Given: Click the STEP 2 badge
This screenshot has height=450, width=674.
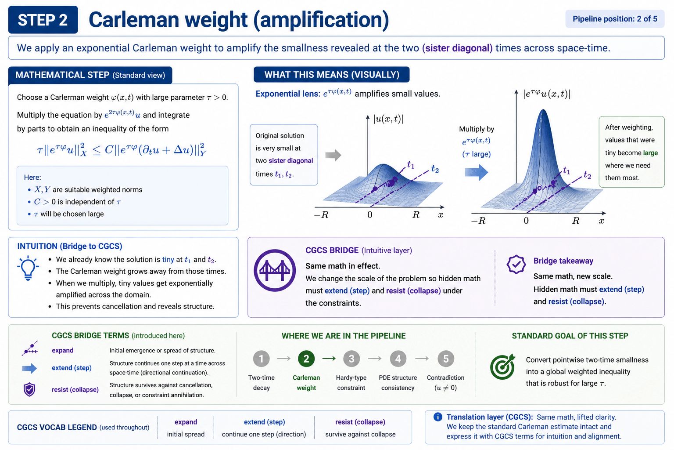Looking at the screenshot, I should coord(43,20).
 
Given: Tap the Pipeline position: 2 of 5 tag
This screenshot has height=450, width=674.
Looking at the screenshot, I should coord(615,19).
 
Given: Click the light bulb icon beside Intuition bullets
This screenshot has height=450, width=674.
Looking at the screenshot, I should coord(28,268).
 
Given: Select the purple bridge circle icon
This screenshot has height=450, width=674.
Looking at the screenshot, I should coord(275,270).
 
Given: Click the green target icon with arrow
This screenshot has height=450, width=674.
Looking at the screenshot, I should coord(502,367).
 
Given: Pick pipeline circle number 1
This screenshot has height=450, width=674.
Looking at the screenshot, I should coord(261,359).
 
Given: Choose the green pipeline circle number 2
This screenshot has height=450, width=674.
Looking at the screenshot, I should coord(306,359).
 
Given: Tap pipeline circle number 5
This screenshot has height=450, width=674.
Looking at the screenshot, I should coord(445,359).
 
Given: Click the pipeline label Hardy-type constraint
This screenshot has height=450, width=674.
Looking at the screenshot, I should coord(351,382).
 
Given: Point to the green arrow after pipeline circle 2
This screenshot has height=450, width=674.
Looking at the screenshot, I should coord(329,359).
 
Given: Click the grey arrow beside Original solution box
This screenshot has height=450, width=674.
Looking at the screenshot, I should coord(333,155).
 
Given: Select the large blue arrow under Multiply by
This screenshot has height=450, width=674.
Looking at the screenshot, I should coord(477,172).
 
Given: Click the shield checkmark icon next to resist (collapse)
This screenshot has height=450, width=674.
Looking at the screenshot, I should coord(29,389).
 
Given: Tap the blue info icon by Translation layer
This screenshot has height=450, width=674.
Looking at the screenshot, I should coord(437,417).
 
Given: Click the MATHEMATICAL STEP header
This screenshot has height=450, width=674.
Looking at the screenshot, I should coord(90,75).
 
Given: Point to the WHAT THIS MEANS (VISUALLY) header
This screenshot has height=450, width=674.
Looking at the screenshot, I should coord(332,75).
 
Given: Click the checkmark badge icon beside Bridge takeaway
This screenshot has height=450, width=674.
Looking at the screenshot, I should coord(516,264).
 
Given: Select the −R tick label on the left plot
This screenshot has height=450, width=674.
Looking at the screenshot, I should coord(321,215).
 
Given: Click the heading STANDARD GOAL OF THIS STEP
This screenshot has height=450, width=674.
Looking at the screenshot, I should coord(570,336).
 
